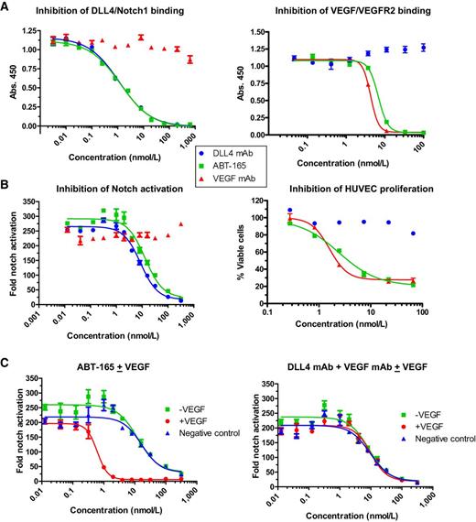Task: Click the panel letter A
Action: click(7, 7)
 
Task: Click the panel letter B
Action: click(7, 184)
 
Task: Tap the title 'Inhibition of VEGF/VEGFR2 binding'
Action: click(354, 11)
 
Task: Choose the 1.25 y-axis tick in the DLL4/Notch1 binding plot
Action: click(33, 27)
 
